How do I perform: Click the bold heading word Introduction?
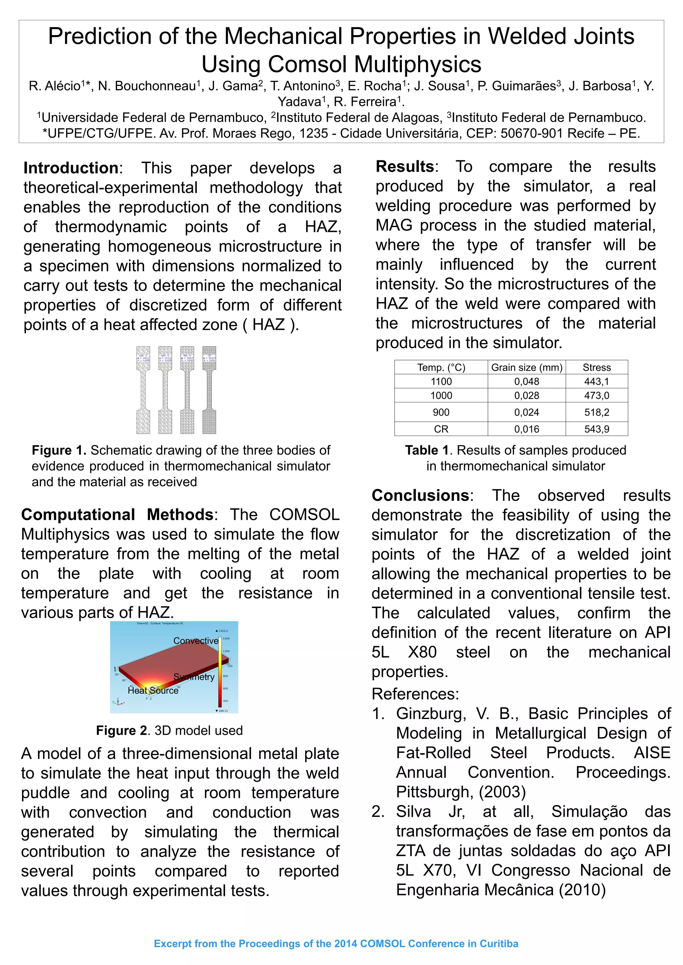(71, 168)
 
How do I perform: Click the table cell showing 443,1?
(596, 381)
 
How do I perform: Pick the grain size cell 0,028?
(527, 395)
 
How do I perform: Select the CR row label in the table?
(441, 429)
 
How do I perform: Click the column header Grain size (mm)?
(527, 367)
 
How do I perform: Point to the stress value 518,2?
(596, 412)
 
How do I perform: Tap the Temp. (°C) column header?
(441, 367)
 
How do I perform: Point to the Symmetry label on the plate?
(194, 677)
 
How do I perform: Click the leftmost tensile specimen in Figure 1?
(143, 390)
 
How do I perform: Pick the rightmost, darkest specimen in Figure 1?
(209, 390)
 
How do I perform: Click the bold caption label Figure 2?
(121, 730)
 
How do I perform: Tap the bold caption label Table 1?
(427, 450)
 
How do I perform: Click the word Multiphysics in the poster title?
(417, 64)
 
